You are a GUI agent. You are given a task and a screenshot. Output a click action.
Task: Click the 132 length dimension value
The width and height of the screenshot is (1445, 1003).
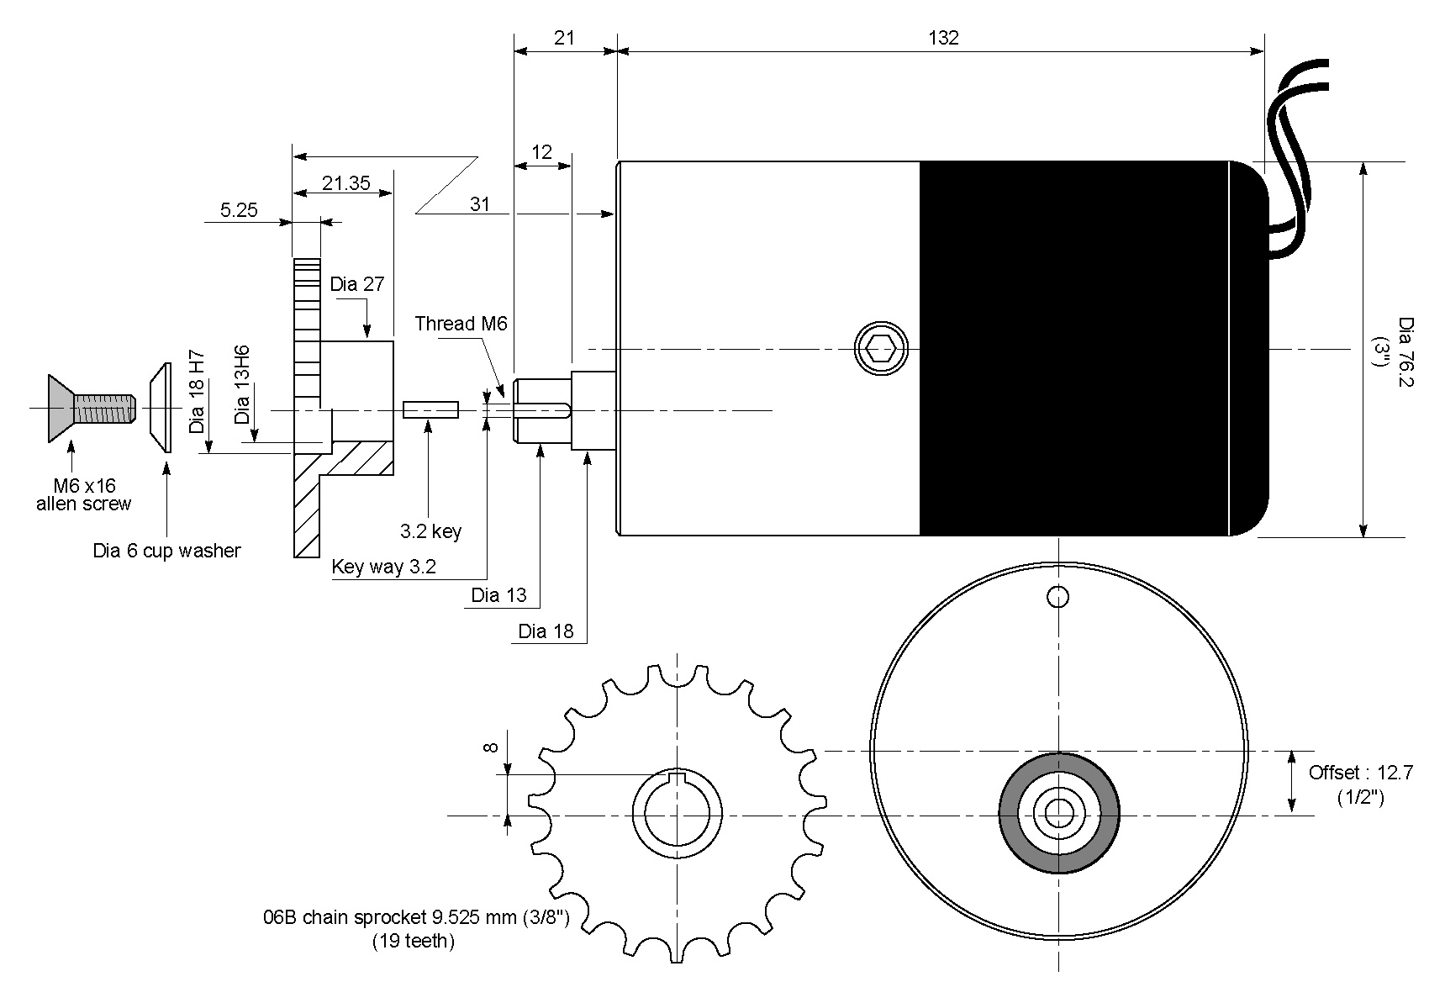(x=943, y=38)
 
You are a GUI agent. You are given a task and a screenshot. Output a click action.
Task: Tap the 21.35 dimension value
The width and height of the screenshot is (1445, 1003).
(x=345, y=182)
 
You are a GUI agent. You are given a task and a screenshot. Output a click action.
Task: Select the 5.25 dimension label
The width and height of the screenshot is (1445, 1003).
(x=239, y=210)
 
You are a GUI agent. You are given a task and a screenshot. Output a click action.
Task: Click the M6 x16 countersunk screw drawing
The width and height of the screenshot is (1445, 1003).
(x=88, y=409)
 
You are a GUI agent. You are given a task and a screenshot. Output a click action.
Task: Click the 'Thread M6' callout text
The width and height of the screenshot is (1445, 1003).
(x=461, y=324)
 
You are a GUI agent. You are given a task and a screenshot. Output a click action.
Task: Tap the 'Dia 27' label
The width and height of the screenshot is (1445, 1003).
(x=356, y=284)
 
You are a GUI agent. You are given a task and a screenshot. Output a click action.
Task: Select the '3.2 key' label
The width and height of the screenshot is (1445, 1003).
(x=430, y=531)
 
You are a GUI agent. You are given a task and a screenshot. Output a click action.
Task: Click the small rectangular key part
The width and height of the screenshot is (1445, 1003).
(x=430, y=410)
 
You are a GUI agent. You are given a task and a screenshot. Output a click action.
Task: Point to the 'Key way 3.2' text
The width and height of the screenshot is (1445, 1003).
(x=383, y=567)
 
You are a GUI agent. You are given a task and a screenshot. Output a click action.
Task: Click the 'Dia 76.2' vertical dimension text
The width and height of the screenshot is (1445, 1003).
(x=1405, y=352)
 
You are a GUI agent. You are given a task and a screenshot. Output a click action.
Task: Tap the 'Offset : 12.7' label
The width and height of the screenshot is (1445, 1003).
(x=1360, y=773)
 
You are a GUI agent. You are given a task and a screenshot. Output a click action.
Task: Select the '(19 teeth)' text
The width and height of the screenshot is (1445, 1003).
(x=413, y=941)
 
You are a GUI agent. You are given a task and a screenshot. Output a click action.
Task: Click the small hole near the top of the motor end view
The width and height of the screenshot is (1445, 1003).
(x=1058, y=597)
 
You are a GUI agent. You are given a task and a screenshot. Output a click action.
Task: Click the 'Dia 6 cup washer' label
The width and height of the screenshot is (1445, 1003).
(x=166, y=552)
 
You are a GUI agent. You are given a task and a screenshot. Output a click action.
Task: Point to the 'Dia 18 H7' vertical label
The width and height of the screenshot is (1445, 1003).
(x=198, y=392)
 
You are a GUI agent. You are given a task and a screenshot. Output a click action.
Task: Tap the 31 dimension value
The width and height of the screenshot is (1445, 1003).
(x=479, y=204)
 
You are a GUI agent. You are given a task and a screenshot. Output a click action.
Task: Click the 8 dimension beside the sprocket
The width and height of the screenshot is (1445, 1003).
(x=492, y=747)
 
